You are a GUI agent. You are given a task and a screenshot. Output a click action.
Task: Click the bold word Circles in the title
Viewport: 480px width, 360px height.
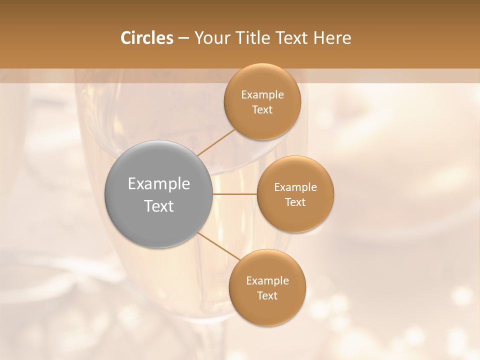click(x=147, y=38)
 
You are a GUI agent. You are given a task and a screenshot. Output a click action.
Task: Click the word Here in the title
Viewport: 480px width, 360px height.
click(x=331, y=38)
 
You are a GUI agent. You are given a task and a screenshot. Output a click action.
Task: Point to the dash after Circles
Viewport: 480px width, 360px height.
click(x=183, y=38)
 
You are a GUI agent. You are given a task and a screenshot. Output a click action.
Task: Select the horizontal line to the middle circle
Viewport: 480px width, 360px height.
click(x=234, y=193)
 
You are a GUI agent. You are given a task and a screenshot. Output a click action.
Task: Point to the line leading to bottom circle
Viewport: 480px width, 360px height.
click(x=218, y=246)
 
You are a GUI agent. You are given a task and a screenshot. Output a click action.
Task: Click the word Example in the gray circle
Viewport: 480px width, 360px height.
click(x=159, y=184)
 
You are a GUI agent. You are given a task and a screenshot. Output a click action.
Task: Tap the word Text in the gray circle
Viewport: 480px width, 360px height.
click(x=159, y=206)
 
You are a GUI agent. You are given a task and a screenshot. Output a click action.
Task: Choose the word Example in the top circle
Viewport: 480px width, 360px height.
click(x=262, y=95)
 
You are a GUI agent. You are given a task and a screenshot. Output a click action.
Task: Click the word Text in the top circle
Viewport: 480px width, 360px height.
click(x=262, y=110)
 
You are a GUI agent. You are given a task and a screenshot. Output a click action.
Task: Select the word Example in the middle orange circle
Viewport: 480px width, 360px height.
click(x=295, y=187)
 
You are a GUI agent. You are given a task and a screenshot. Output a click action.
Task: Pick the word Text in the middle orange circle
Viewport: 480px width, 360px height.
click(x=295, y=202)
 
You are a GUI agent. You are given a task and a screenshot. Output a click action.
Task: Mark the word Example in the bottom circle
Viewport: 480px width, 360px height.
click(x=267, y=281)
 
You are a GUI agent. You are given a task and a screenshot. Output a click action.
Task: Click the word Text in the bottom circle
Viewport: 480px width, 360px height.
click(x=267, y=296)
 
